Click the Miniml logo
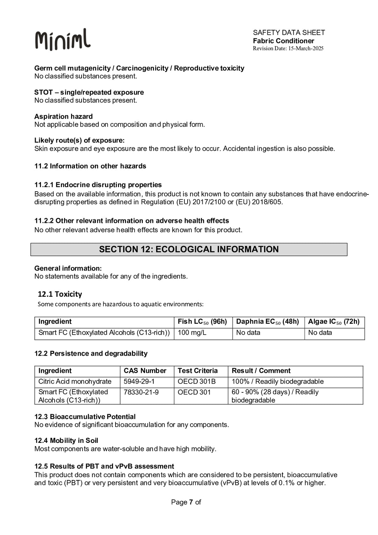click(63, 40)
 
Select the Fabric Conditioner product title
click(283, 41)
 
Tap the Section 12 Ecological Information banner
click(189, 249)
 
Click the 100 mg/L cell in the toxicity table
click(192, 333)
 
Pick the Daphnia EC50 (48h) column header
click(267, 322)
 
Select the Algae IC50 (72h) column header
click(334, 322)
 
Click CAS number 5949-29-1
click(139, 382)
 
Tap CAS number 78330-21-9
click(141, 392)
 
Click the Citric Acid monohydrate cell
click(75, 382)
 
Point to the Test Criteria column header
click(197, 371)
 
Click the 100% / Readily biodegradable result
click(277, 382)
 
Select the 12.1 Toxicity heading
click(60, 294)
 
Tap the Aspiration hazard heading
click(63, 117)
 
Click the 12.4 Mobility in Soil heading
click(66, 441)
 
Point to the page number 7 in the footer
click(191, 502)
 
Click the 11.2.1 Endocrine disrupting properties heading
click(98, 185)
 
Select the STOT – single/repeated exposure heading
click(89, 92)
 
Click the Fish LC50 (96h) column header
click(202, 322)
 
